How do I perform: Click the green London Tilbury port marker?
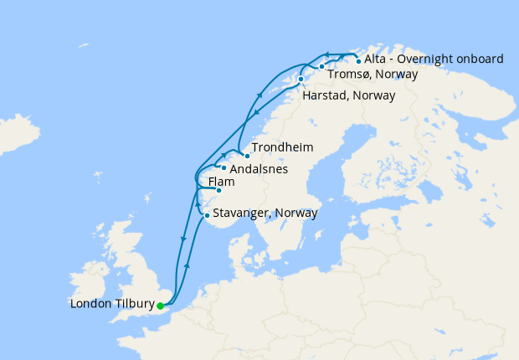pos(160,306)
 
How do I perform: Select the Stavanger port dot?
pos(207,216)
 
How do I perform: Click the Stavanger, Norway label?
pos(265,213)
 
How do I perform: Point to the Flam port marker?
pos(218,190)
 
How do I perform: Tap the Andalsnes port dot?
pos(224,167)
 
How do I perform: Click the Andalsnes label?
pos(259,169)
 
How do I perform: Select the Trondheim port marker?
pos(247,156)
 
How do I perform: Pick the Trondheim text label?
pos(282,147)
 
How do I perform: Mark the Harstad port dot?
pos(301,80)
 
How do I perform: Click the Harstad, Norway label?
pos(347,95)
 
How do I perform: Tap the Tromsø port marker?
pos(321,66)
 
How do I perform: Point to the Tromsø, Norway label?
pos(373,74)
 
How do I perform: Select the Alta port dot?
pos(358,60)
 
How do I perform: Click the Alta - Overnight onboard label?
pos(434,59)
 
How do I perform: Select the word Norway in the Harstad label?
pos(374,95)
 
